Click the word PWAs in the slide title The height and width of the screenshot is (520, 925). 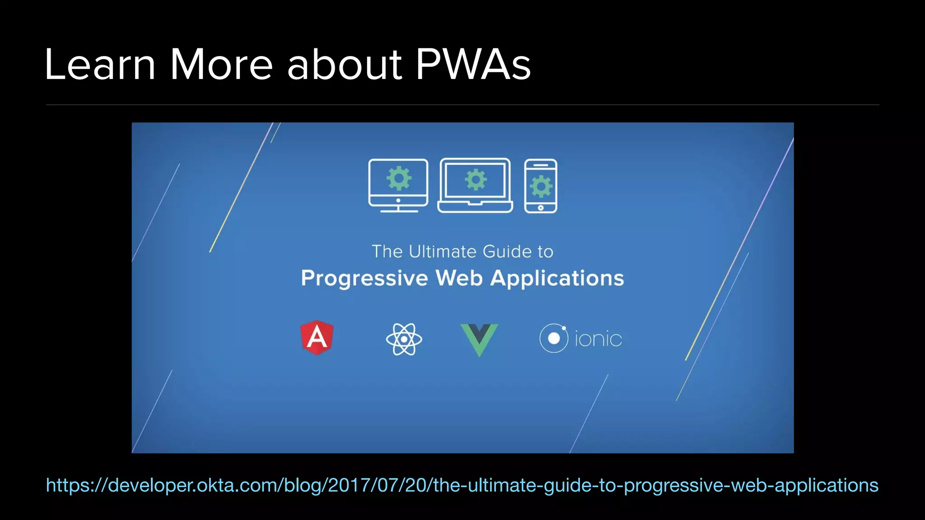click(473, 65)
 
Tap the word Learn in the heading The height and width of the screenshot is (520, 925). click(100, 65)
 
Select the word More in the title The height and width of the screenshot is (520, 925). click(221, 65)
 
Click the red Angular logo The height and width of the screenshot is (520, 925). click(317, 338)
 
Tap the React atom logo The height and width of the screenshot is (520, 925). click(404, 339)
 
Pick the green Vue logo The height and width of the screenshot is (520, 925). click(479, 339)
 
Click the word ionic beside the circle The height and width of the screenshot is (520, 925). click(598, 339)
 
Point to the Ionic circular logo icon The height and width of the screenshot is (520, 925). click(554, 338)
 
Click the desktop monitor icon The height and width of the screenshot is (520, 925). click(398, 186)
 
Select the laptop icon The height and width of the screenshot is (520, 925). click(475, 186)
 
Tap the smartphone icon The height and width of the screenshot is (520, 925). click(541, 186)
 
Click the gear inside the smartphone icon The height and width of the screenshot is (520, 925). click(541, 187)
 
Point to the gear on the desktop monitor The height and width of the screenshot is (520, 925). click(398, 178)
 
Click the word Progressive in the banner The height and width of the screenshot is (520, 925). click(364, 278)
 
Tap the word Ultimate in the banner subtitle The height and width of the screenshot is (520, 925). click(443, 251)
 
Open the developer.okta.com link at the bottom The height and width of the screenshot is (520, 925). click(462, 485)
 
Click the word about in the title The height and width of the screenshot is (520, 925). click(344, 65)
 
